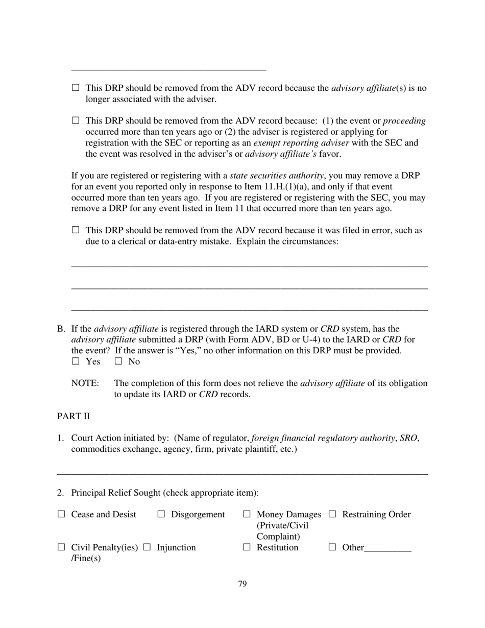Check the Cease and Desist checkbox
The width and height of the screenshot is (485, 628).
[61, 514]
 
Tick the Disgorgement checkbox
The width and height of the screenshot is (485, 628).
[161, 514]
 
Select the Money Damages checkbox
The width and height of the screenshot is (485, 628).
[247, 514]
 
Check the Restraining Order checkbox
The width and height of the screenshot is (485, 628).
[332, 514]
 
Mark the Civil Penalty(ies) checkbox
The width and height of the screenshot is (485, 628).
[61, 547]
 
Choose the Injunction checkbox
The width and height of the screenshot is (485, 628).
[147, 547]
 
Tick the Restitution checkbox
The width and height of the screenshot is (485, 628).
[247, 547]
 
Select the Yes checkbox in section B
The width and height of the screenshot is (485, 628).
[76, 361]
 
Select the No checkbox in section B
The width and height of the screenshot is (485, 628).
[118, 361]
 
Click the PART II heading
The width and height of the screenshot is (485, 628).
[73, 416]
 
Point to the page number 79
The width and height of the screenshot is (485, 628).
[243, 584]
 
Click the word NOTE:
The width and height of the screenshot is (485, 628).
[85, 383]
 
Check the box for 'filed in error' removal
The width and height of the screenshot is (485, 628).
[76, 230]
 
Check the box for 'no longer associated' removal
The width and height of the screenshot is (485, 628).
[76, 88]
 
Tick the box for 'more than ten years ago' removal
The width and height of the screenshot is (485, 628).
[76, 121]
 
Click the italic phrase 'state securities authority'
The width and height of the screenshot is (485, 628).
[277, 176]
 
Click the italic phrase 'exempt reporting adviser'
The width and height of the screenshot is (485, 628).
[301, 143]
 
